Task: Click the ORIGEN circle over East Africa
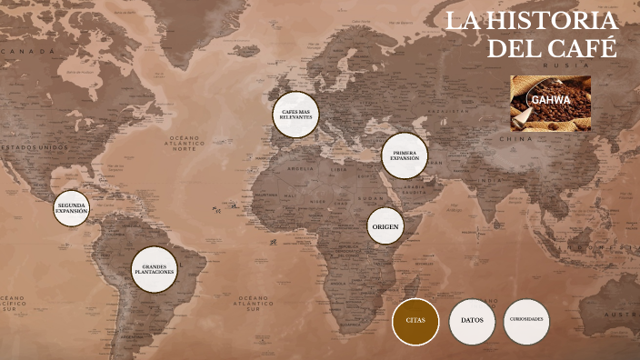point(385,225)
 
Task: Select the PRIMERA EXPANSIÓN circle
point(405,155)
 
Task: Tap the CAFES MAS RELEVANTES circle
point(295,115)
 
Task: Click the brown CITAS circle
point(415,321)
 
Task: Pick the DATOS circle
point(472,321)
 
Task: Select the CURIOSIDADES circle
point(527,321)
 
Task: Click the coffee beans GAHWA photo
point(550,103)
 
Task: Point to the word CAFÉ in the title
point(583,47)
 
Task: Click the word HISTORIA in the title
point(554,22)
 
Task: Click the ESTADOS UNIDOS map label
point(34,146)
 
